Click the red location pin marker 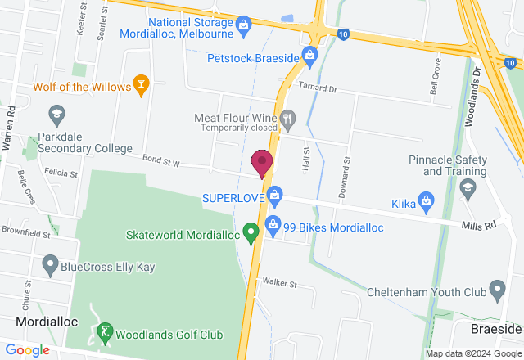click(x=262, y=162)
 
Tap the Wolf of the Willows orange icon click(x=142, y=84)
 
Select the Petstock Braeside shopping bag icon click(x=309, y=56)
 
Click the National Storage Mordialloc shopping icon click(x=243, y=26)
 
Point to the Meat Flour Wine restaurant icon click(x=288, y=119)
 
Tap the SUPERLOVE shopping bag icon click(x=276, y=195)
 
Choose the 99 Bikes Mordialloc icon click(x=274, y=223)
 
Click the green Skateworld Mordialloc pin click(x=253, y=233)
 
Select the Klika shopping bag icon click(x=426, y=200)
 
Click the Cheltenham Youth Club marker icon click(x=497, y=289)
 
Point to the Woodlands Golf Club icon click(x=104, y=332)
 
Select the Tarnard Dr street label click(x=318, y=88)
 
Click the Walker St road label click(x=279, y=283)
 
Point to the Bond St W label click(x=160, y=161)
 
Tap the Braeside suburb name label click(x=496, y=328)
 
